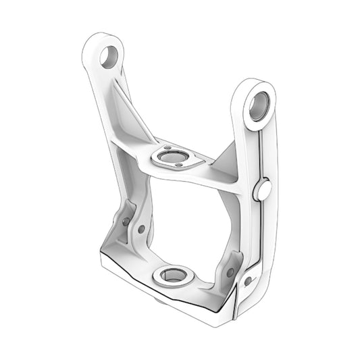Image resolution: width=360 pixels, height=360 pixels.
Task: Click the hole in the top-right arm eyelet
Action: click(259, 105)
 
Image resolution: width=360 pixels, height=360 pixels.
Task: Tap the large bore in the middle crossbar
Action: click(172, 158)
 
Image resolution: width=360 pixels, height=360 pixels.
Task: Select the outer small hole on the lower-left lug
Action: click(126, 221)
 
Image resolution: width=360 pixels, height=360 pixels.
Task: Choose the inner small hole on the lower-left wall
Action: click(141, 229)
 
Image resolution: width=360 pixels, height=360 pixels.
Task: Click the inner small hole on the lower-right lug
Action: click(230, 273)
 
